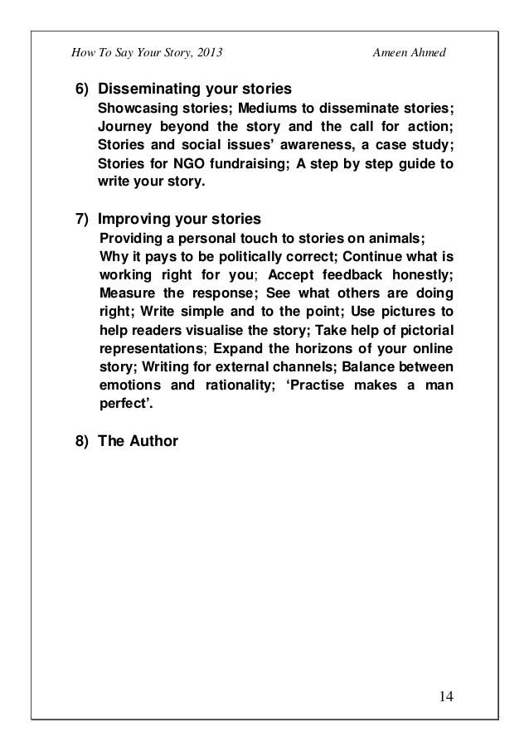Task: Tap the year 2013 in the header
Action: (207, 54)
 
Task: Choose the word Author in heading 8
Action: (153, 441)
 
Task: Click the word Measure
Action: (125, 295)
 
